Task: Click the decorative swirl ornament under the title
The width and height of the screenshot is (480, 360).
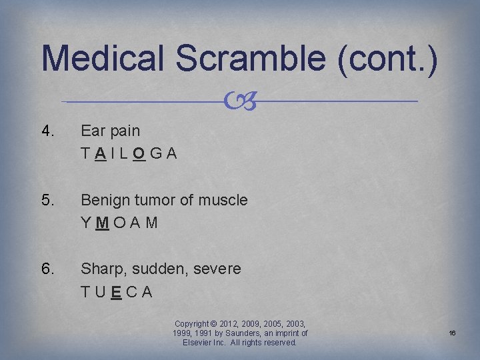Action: [x=240, y=101]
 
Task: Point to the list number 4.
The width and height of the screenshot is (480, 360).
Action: [x=49, y=131]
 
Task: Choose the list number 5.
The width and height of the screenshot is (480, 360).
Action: [x=49, y=200]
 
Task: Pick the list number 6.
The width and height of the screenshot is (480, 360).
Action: [x=49, y=269]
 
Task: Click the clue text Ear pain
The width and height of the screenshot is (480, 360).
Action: [x=111, y=131]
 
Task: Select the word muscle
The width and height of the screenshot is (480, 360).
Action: [x=225, y=200]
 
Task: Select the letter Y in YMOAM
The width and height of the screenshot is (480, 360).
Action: [x=86, y=223]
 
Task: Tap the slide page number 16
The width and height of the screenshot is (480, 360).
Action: [x=451, y=332]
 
